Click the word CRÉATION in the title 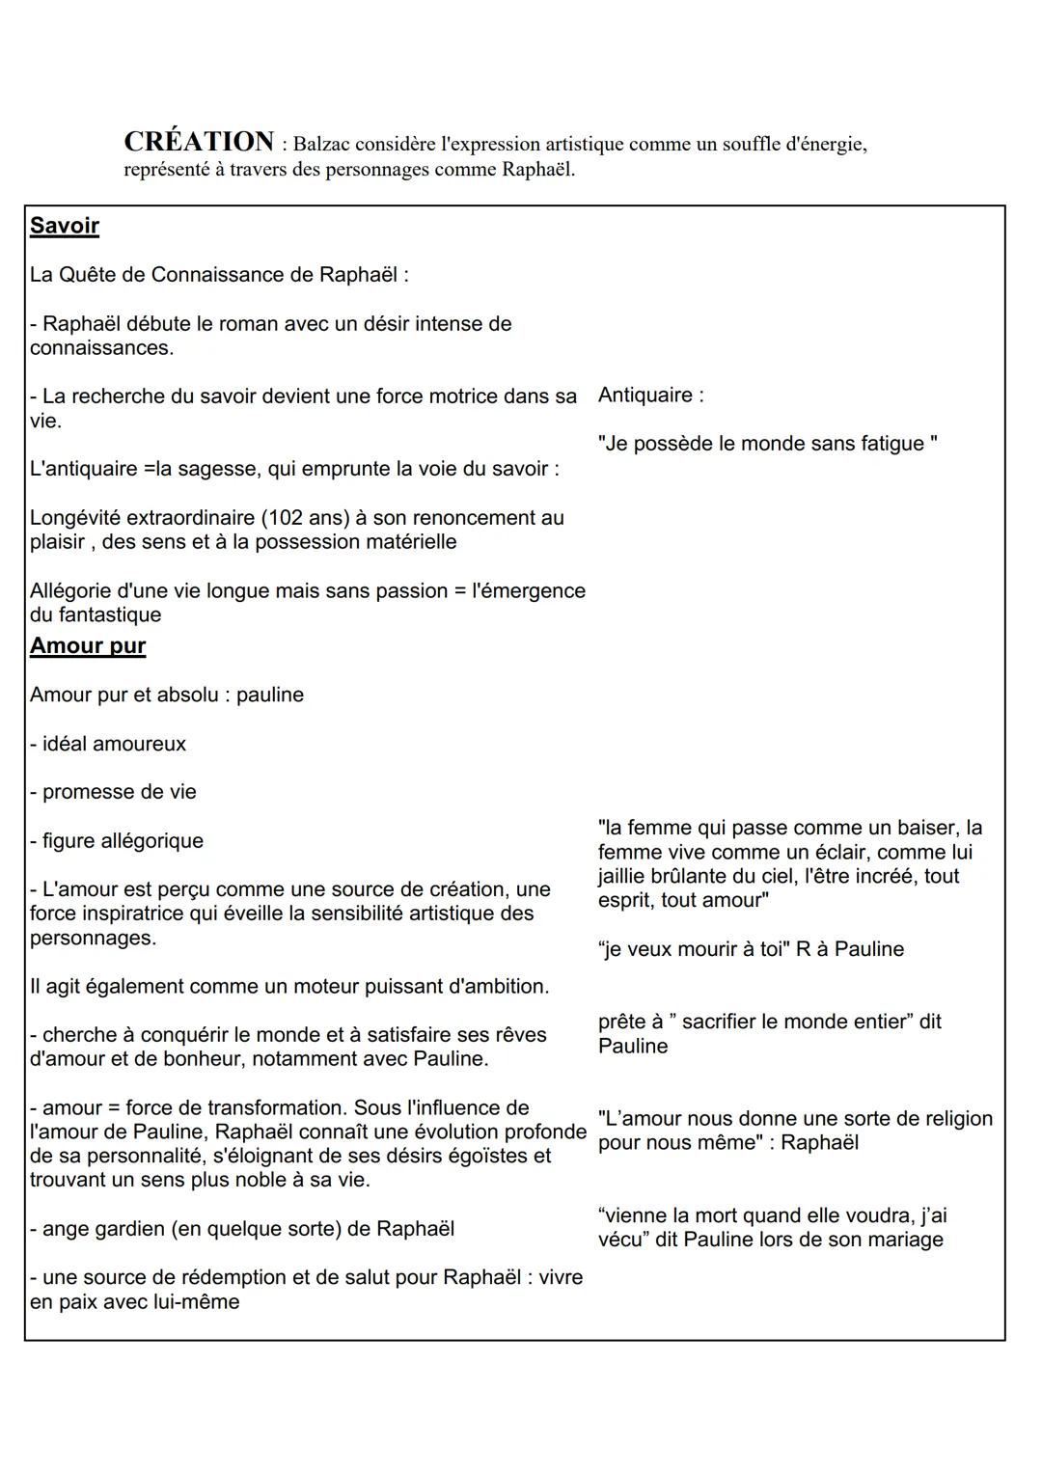tap(199, 143)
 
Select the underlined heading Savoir tap(65, 226)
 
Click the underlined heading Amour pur tap(88, 646)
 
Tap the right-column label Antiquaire tap(645, 396)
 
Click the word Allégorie tap(69, 591)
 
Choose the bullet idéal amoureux tap(114, 744)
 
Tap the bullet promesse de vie tap(119, 792)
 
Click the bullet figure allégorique tap(123, 841)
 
